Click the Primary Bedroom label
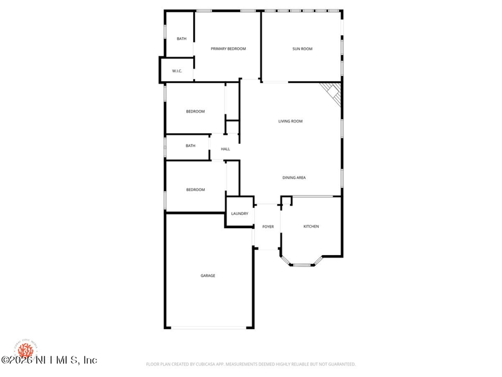[228, 49]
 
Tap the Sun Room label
[302, 49]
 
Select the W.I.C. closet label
[177, 71]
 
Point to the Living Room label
[291, 121]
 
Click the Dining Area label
[294, 178]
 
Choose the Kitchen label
[311, 226]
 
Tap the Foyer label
[268, 226]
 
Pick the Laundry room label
[240, 214]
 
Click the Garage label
[208, 276]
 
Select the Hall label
[225, 149]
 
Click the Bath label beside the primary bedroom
[181, 39]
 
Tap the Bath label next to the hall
[190, 146]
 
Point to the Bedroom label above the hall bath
[195, 112]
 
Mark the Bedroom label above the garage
[195, 190]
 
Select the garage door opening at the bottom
[209, 327]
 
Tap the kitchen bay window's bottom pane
[302, 265]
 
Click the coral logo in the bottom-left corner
[26, 349]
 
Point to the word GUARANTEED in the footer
[340, 364]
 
